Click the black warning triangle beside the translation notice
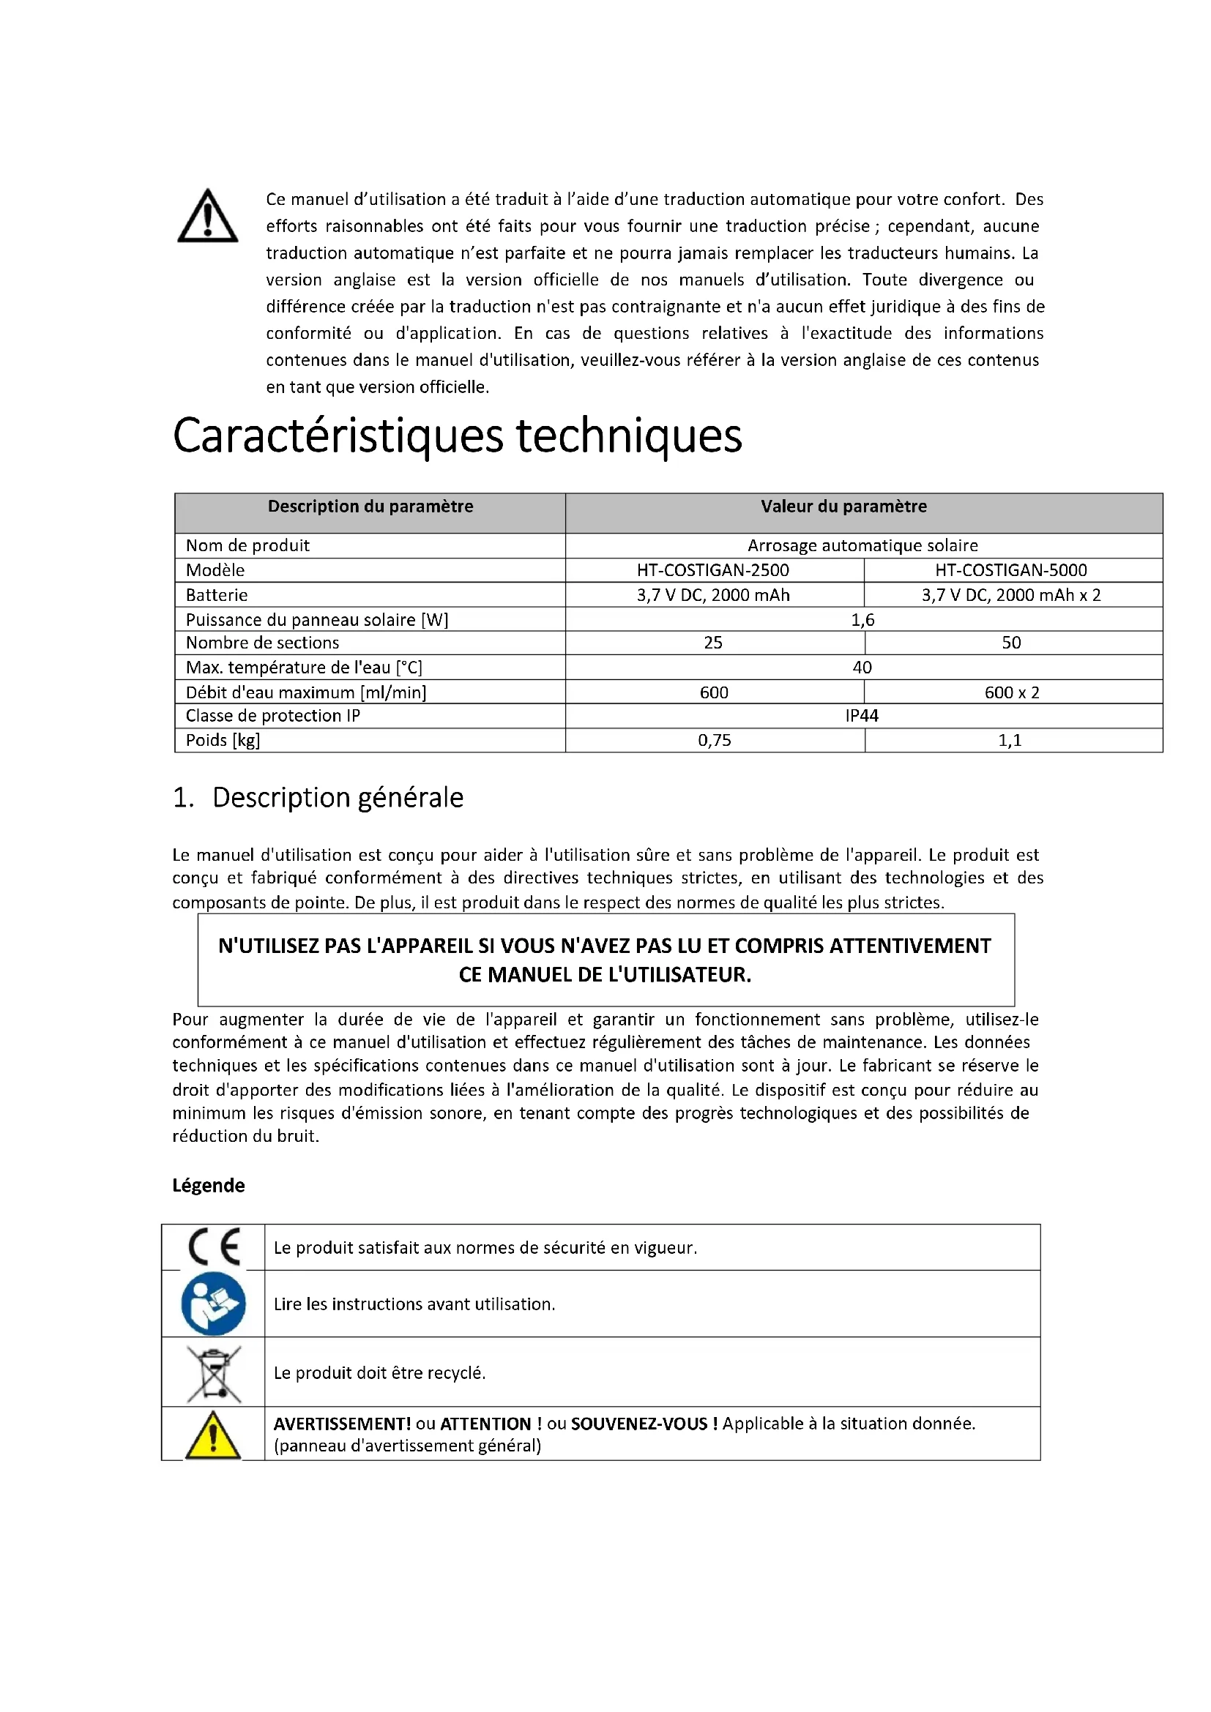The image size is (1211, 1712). (207, 217)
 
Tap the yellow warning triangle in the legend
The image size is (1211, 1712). (212, 1435)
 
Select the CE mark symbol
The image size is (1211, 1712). (213, 1246)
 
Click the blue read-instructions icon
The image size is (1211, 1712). (213, 1304)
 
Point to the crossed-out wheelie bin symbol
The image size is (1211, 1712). (213, 1373)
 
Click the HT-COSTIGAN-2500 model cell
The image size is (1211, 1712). (713, 570)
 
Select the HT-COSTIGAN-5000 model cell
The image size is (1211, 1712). (1010, 570)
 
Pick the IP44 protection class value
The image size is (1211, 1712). (862, 716)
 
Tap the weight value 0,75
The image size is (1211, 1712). (715, 741)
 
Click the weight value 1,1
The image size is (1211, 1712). (1010, 741)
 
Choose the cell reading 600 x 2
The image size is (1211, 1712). (1011, 692)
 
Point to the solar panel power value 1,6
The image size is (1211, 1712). (862, 620)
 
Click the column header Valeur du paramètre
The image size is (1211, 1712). (843, 507)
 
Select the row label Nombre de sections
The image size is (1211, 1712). (263, 643)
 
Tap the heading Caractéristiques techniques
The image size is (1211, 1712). (457, 436)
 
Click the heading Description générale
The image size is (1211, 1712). (338, 798)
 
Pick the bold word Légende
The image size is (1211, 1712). (208, 1186)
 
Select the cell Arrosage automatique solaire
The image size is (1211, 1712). (862, 546)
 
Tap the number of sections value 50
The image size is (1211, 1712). (1011, 643)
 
